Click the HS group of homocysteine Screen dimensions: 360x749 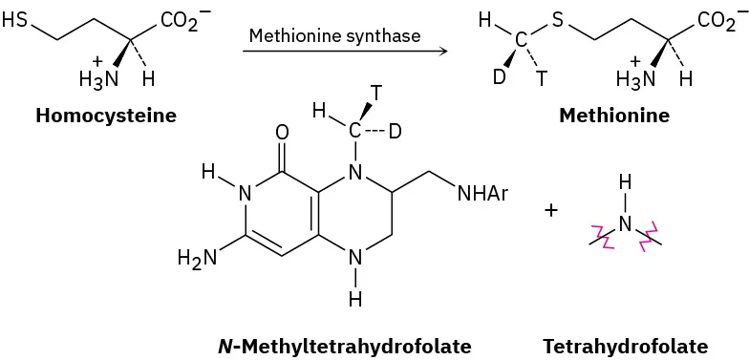point(16,18)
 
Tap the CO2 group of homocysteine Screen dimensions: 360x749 point(181,19)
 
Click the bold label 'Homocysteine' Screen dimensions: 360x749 point(106,116)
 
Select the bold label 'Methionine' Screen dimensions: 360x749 point(614,116)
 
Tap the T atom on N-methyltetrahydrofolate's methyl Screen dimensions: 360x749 point(377,93)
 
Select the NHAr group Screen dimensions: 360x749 point(482,195)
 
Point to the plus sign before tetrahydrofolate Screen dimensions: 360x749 point(550,209)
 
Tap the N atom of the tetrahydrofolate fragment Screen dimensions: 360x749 point(625,222)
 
